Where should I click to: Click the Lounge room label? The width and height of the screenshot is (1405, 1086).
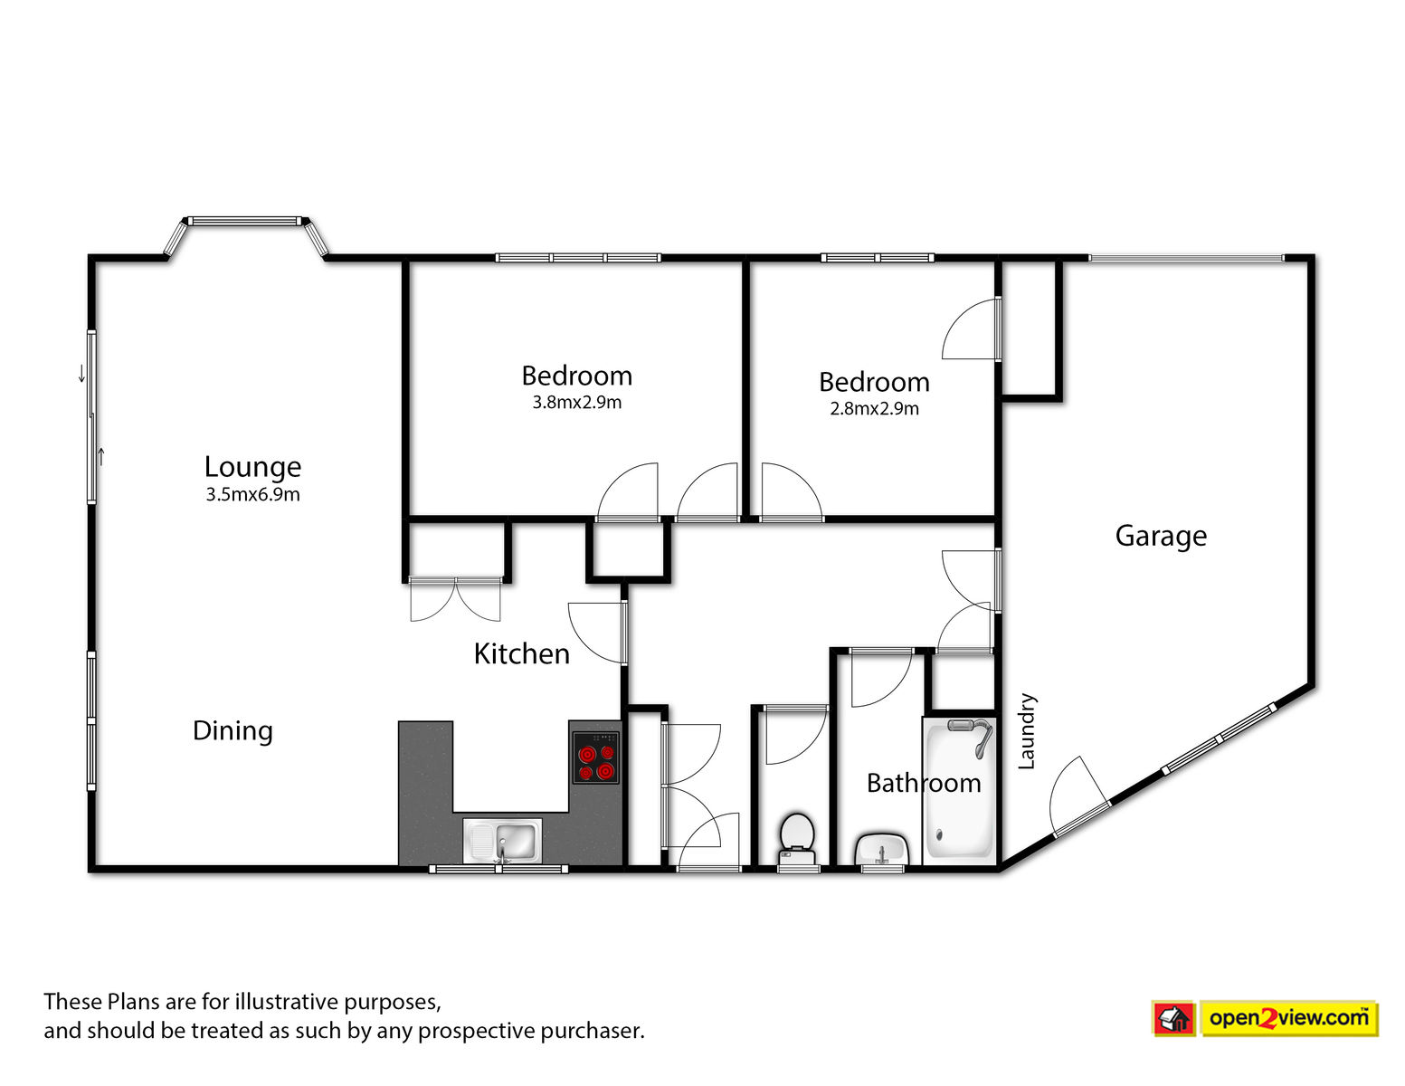pos(252,468)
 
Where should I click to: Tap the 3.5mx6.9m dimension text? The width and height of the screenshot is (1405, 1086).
pos(252,495)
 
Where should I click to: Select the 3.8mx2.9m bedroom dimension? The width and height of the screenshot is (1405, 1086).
pos(576,403)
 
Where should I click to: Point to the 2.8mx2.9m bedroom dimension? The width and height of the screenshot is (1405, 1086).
pos(874,409)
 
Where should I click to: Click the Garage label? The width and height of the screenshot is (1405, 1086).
pos(1161,536)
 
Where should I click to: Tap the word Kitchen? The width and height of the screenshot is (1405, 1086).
pos(521,654)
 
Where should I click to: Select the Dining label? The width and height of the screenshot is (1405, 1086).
pos(233,731)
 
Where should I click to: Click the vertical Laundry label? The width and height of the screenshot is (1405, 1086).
pos(1027,731)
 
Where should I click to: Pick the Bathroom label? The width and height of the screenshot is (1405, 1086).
pos(924,784)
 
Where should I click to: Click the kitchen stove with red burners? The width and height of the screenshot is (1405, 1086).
pos(595,757)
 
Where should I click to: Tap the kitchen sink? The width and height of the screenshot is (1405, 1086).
pos(502,841)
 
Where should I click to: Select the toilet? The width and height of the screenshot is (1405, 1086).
pos(798,839)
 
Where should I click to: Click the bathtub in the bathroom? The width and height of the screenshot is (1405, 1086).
pos(959,790)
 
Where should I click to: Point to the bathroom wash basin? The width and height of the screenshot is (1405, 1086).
pos(882,849)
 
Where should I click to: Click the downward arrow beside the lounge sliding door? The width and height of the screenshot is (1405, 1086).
pos(81,374)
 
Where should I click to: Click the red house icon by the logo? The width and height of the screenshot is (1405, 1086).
pos(1173,1019)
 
